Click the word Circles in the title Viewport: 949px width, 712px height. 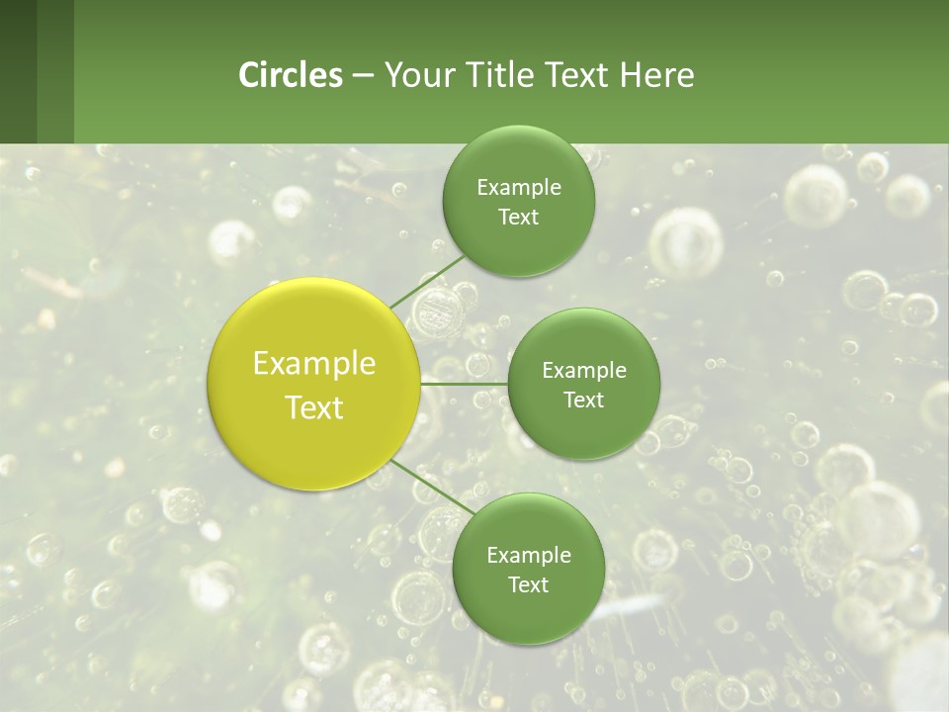click(x=290, y=75)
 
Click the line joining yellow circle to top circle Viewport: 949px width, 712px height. click(x=427, y=280)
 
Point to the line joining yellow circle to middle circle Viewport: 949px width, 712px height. click(x=464, y=383)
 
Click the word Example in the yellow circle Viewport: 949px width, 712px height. click(x=314, y=364)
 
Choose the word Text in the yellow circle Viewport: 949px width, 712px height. click(x=314, y=407)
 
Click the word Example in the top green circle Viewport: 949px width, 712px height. click(x=519, y=188)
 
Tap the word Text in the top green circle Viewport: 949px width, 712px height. click(x=518, y=218)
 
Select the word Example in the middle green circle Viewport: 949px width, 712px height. click(x=584, y=371)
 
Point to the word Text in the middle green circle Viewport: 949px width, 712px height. click(x=583, y=400)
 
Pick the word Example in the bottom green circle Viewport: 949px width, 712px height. click(x=529, y=556)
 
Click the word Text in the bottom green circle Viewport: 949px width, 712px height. click(x=528, y=585)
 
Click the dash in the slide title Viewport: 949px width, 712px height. click(x=363, y=76)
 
